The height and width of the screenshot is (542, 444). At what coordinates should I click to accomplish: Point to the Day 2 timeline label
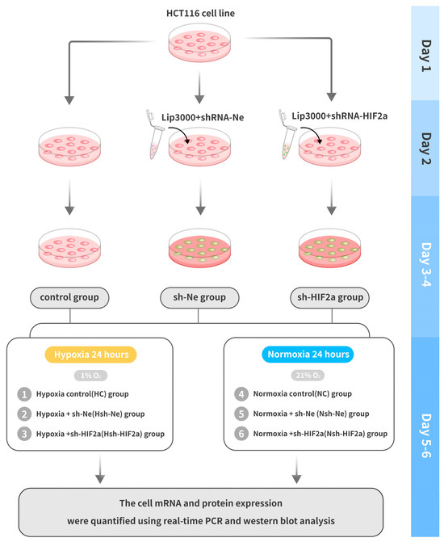tap(425, 147)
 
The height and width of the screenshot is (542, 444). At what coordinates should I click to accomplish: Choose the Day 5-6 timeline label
tap(425, 416)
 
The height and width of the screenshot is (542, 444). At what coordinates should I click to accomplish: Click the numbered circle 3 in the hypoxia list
tap(24, 434)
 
